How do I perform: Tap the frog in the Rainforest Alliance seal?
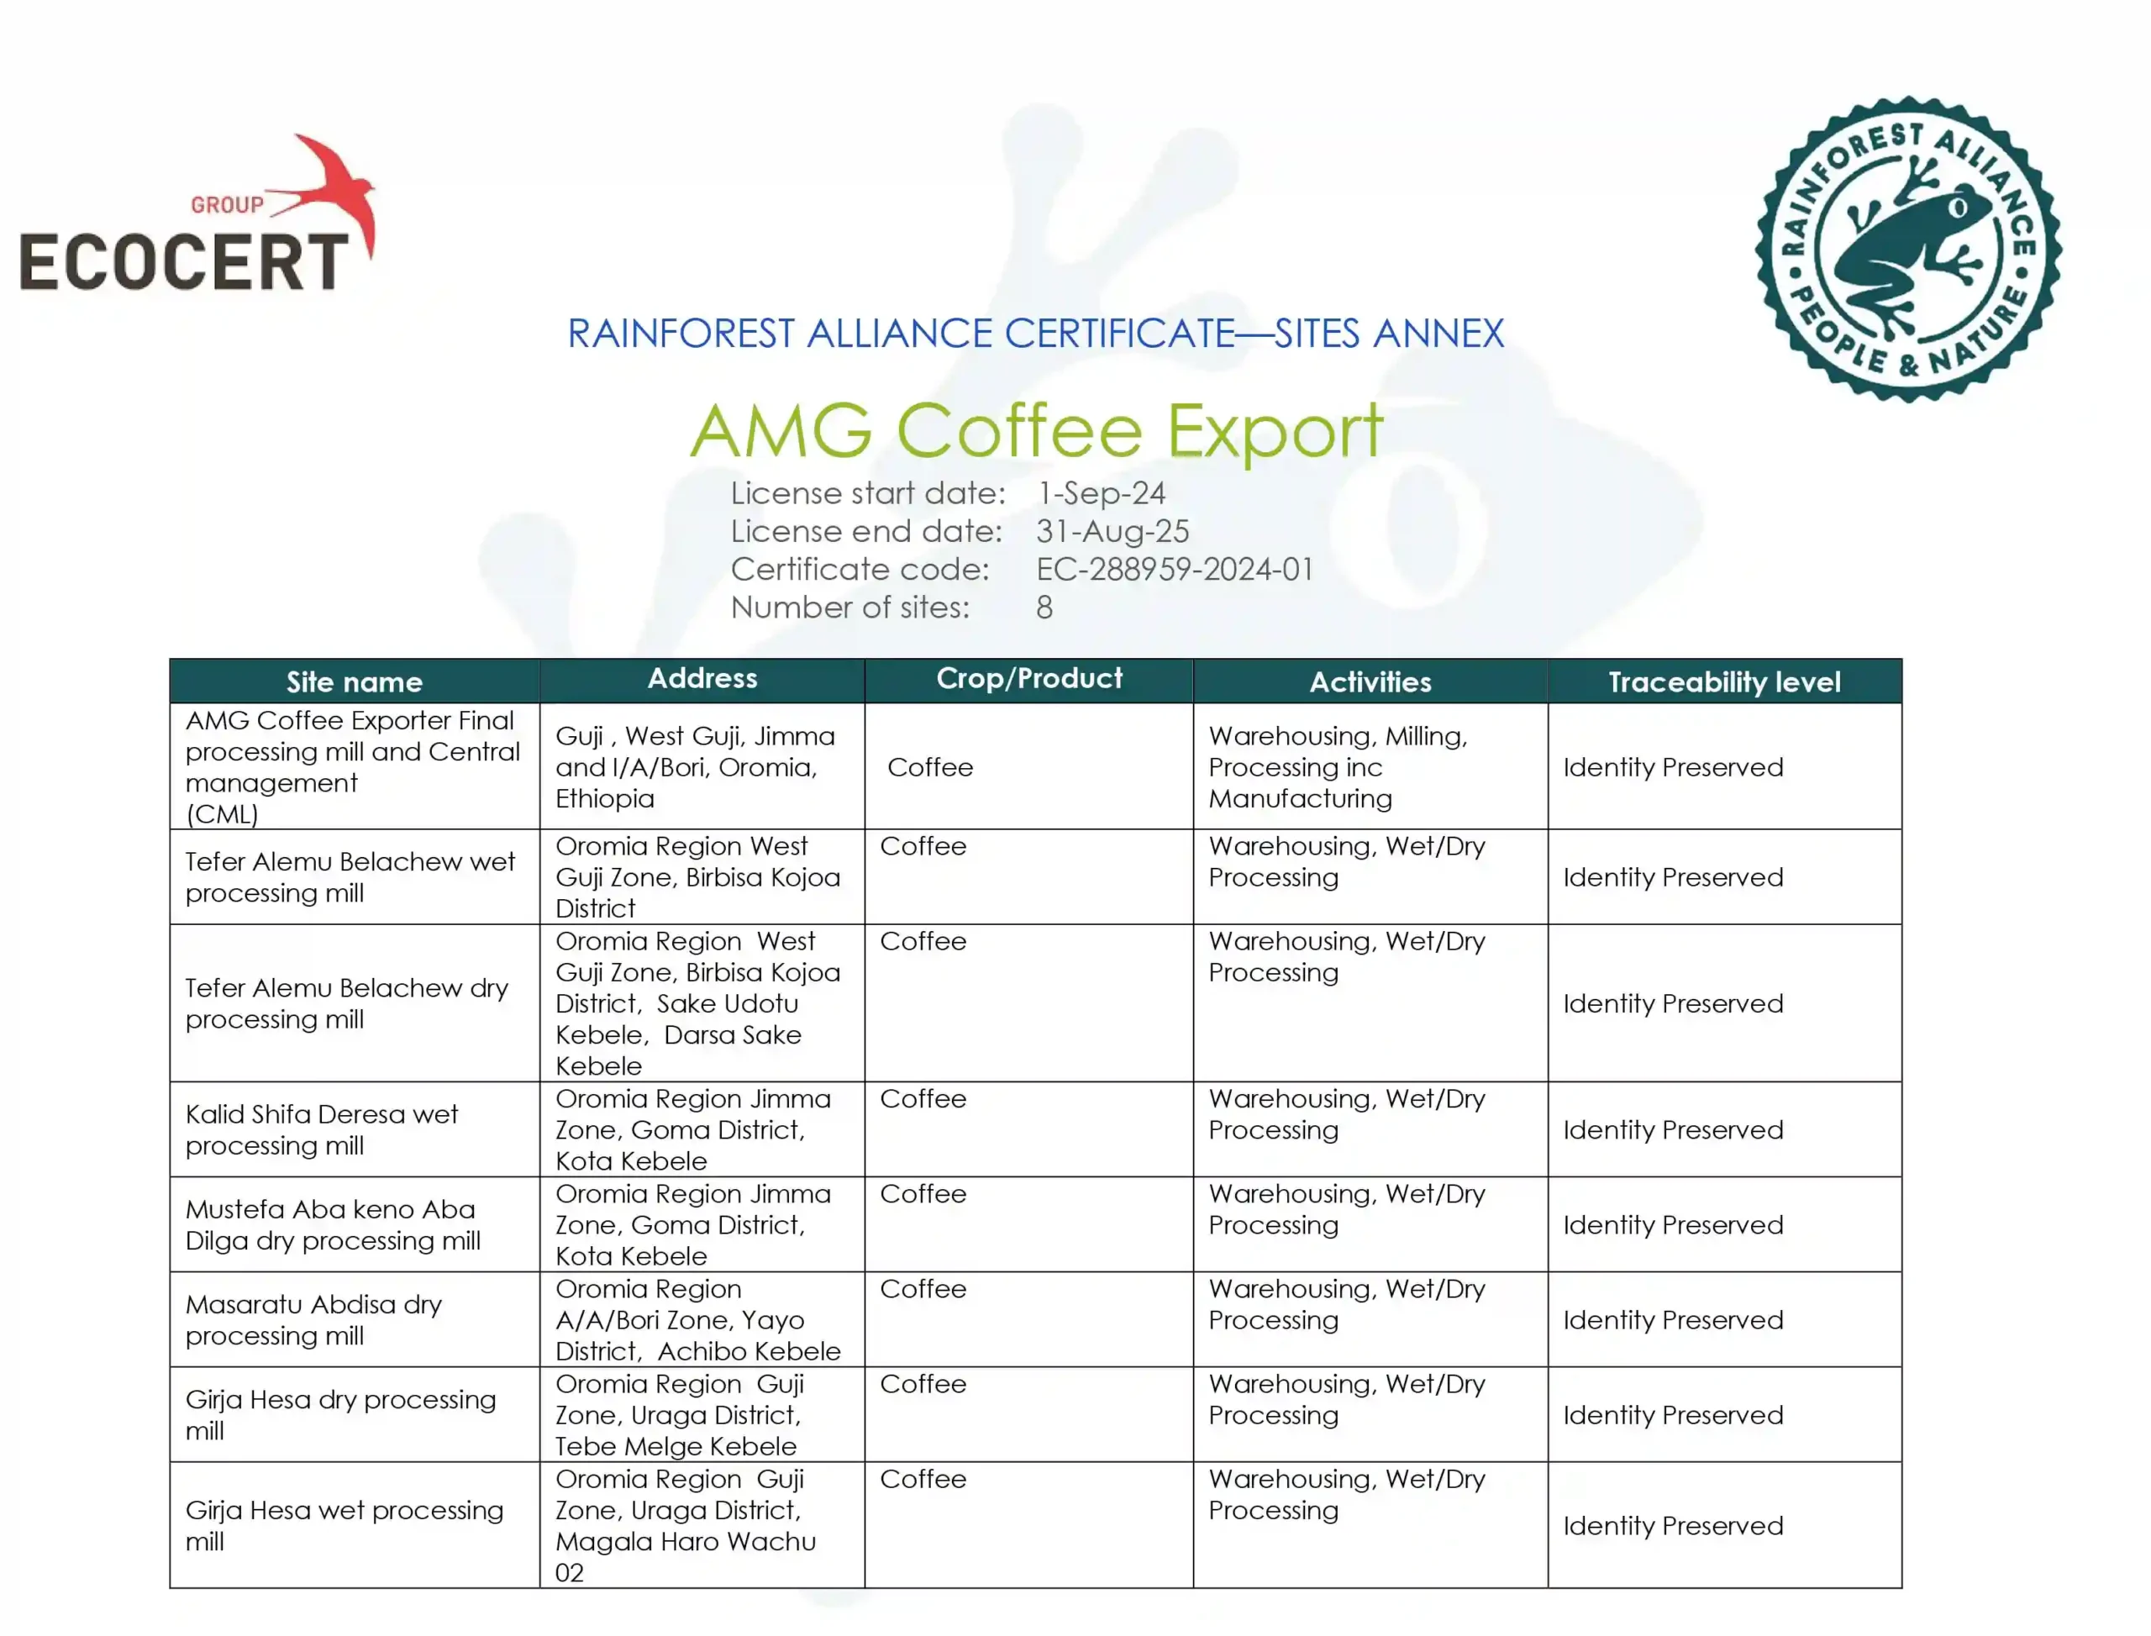pos(1908,249)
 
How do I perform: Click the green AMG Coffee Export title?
pos(1036,430)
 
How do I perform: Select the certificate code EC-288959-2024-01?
pos(1175,570)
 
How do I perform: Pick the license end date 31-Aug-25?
pos(1112,532)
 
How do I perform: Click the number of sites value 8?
pos(1044,608)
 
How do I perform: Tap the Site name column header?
pos(355,681)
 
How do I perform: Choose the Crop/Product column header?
pos(1028,679)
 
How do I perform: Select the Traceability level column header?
pos(1723,681)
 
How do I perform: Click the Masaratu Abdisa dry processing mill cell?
pos(313,1319)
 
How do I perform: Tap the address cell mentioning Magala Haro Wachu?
pos(686,1525)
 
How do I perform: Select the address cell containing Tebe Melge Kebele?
pos(680,1415)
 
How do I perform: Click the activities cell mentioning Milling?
pos(1338,767)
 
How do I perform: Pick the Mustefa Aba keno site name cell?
pos(333,1225)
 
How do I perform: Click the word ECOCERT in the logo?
pos(183,261)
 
